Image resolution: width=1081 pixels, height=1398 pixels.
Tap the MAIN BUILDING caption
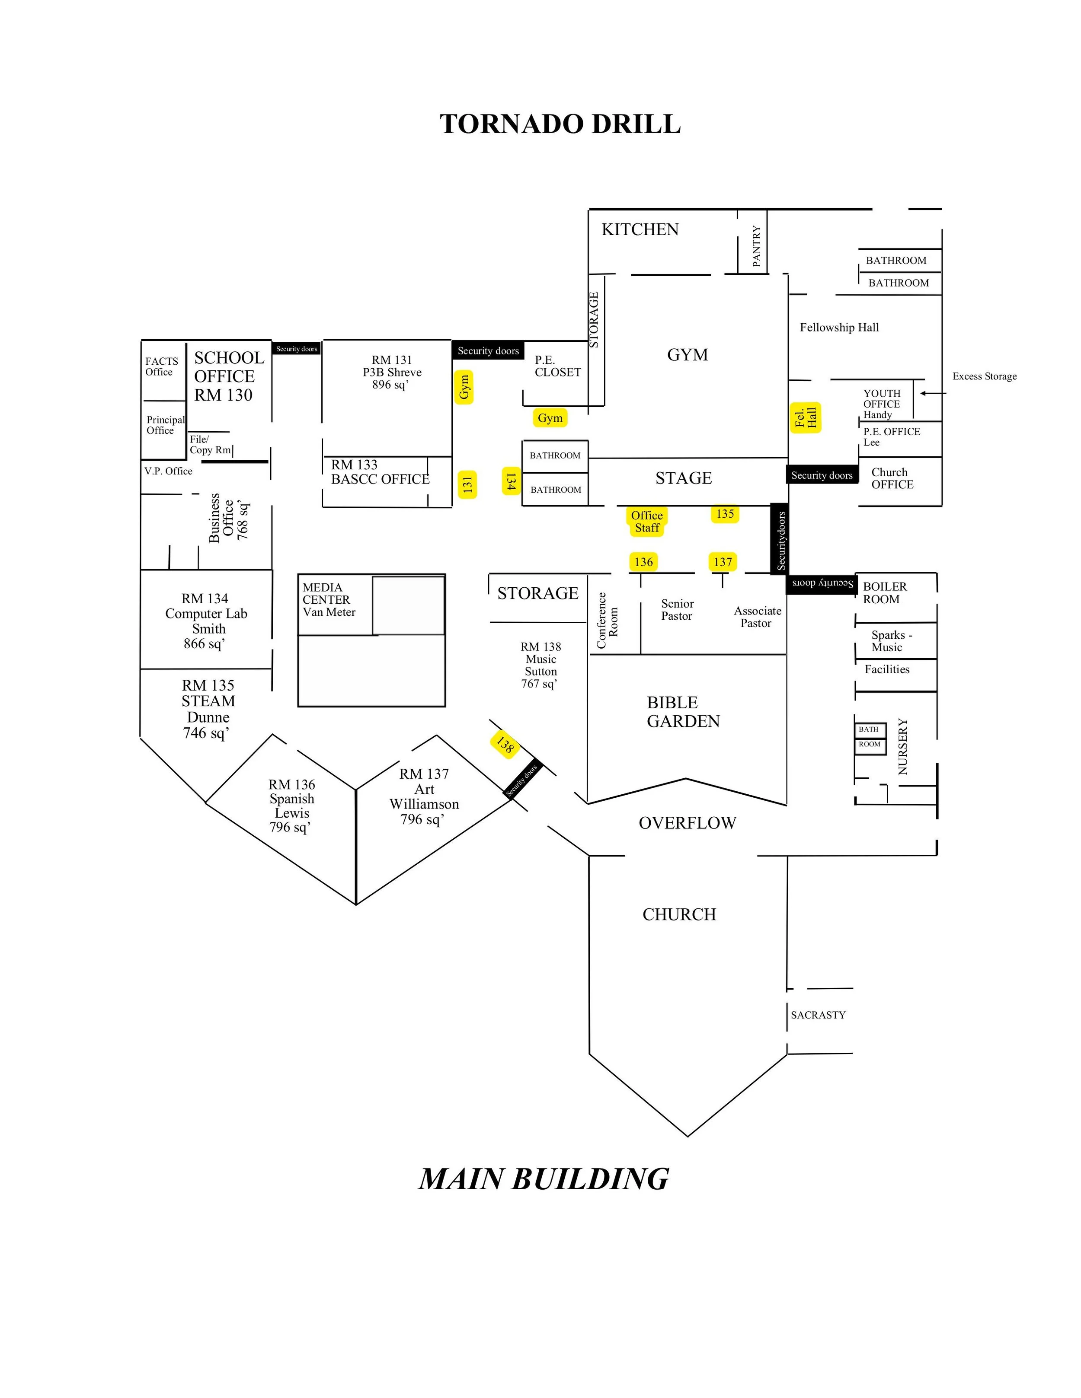coord(544,1179)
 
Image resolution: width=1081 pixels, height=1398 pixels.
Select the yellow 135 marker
coord(725,514)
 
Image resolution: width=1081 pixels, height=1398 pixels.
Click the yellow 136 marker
coord(643,562)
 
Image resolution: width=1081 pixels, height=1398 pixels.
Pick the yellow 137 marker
coord(723,562)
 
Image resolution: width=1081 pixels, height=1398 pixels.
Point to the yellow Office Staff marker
coord(647,522)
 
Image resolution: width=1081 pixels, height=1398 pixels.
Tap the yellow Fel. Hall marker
coord(806,418)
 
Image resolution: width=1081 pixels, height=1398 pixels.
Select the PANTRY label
coord(756,246)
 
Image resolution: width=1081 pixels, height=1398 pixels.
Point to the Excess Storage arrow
coord(933,393)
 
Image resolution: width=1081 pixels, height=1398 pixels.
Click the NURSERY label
coord(903,746)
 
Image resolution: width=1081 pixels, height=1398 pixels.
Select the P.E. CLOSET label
coord(558,366)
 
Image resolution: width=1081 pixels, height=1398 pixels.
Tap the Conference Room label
coord(607,620)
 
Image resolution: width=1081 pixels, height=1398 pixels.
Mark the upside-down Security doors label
coord(822,583)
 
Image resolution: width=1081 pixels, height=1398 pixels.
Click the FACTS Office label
coord(161,367)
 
